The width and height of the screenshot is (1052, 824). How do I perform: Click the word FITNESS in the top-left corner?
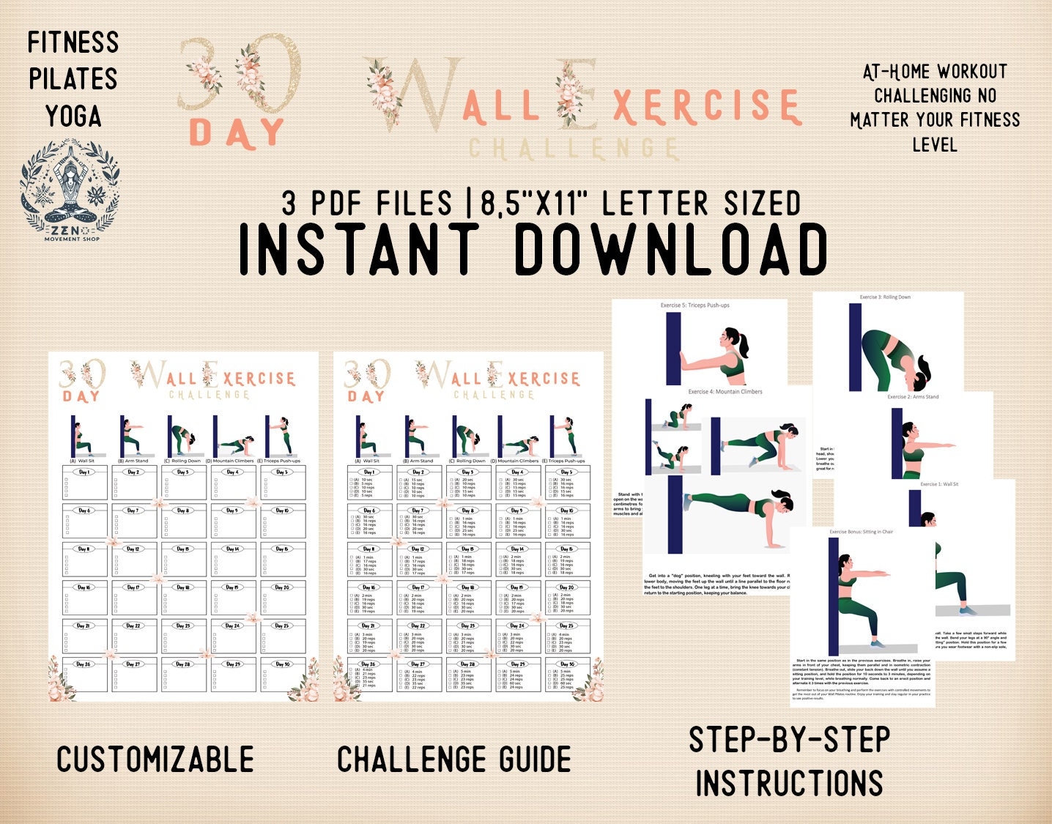point(73,42)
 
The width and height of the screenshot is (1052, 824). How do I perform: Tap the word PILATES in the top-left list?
point(73,79)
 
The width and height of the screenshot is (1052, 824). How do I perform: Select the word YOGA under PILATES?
point(73,116)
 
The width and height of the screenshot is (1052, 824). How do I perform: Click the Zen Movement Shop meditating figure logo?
point(70,189)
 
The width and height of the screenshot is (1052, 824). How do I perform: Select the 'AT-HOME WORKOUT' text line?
point(935,72)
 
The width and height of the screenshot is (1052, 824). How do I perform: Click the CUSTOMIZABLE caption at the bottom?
point(155,760)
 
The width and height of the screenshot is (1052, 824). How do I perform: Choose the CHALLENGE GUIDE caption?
point(454,760)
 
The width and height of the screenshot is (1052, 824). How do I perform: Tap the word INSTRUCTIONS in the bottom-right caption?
point(789,783)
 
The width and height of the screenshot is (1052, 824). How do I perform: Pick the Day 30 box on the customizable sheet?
point(282,675)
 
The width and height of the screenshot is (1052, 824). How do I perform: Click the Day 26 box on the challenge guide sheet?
point(368,675)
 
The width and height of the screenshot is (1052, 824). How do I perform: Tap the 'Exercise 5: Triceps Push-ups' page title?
point(694,305)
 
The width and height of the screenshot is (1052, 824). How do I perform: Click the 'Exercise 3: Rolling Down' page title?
point(885,297)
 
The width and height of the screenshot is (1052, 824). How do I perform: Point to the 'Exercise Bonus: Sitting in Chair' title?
point(861,532)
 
